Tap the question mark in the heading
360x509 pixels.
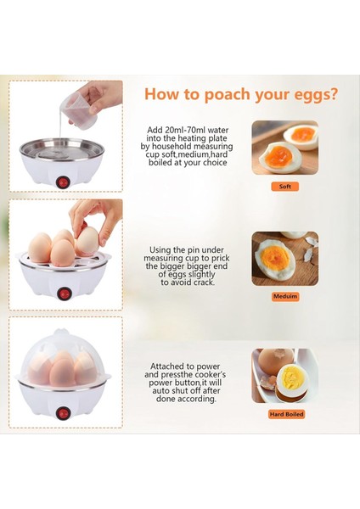333,93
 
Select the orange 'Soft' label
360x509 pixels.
285,187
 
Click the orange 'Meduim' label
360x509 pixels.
285,296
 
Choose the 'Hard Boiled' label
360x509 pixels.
286,414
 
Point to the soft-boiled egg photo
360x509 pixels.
285,148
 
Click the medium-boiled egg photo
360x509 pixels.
285,259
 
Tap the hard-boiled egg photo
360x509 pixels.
285,376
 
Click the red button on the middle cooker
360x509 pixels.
64,294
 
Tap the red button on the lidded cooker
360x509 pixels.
63,413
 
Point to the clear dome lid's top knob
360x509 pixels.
62,332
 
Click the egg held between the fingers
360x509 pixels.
87,241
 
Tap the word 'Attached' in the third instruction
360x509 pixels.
167,366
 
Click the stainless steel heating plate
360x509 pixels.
62,151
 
